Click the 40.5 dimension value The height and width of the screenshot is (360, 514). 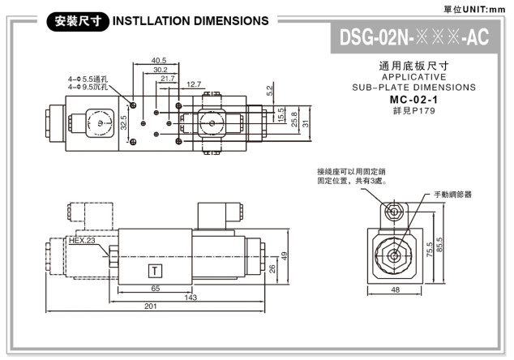[159, 60]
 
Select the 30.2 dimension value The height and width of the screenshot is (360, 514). [161, 70]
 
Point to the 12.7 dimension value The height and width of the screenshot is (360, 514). [194, 84]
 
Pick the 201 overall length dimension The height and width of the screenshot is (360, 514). [150, 306]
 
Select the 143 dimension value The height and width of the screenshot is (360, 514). [191, 298]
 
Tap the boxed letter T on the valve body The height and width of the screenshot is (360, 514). [154, 270]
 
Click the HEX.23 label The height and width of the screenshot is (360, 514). [82, 241]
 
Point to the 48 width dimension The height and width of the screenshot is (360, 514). [395, 289]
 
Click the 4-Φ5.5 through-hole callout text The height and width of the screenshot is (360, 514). [93, 79]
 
